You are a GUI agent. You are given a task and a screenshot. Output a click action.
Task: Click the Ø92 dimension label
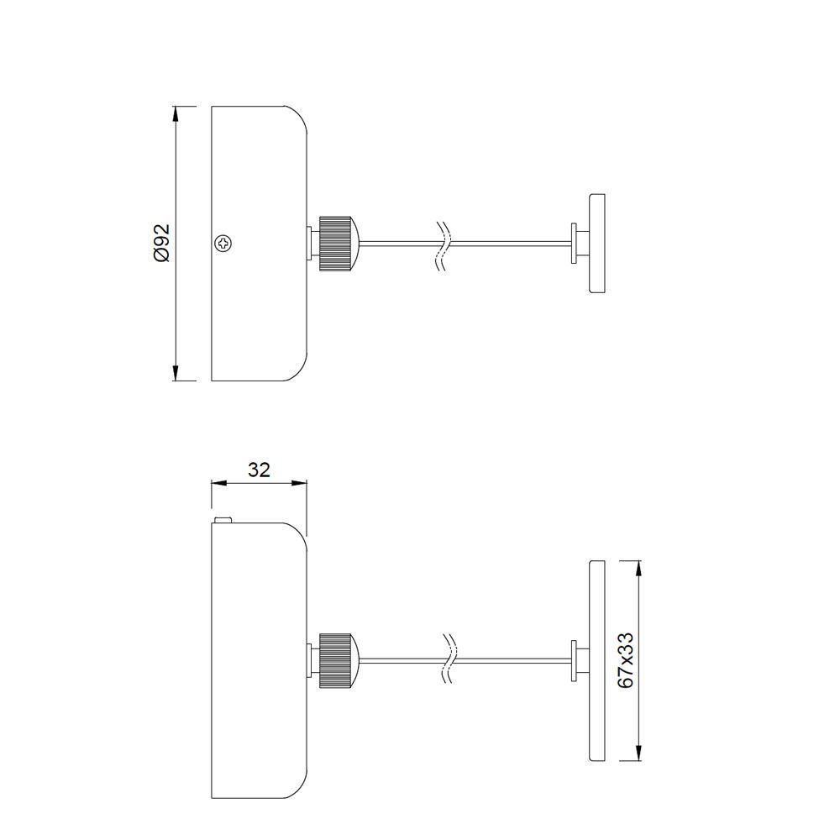point(162,243)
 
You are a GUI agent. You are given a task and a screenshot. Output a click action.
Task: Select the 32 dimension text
point(259,470)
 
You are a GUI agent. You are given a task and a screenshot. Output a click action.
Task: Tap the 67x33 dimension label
point(625,661)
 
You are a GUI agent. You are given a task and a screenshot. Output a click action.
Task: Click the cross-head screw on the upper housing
point(223,244)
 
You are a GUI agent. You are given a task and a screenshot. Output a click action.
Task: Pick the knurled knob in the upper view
point(335,244)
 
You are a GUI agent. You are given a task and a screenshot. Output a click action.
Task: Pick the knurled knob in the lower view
point(335,660)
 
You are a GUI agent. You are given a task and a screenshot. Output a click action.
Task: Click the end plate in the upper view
point(597,244)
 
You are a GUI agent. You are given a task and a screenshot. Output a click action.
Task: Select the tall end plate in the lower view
point(597,660)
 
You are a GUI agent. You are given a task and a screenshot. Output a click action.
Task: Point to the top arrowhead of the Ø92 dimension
point(176,113)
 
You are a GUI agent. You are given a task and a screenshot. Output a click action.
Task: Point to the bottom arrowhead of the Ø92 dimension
point(176,373)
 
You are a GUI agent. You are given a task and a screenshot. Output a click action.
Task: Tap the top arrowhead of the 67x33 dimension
point(639,568)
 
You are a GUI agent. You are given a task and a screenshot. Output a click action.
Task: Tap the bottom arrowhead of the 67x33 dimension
point(639,753)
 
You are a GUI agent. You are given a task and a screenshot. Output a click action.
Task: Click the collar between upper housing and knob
point(313,244)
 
